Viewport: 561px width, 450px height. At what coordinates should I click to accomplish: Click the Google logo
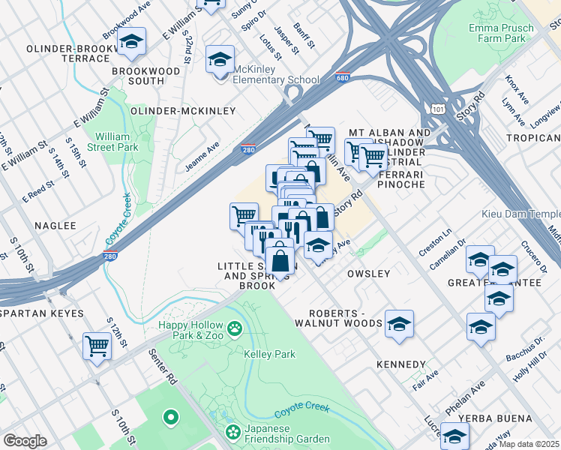point(24,441)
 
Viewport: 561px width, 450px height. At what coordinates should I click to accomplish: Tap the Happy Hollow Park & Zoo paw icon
point(235,328)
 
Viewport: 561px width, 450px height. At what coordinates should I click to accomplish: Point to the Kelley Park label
point(269,354)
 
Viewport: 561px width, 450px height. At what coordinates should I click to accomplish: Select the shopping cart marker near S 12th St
point(97,346)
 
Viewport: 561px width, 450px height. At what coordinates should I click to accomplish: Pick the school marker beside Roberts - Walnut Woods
point(400,323)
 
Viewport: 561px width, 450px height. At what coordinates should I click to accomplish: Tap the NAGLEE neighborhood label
point(49,225)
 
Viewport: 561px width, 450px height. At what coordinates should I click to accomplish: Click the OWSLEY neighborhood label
point(368,274)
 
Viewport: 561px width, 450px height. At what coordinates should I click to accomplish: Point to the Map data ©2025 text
point(529,444)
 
